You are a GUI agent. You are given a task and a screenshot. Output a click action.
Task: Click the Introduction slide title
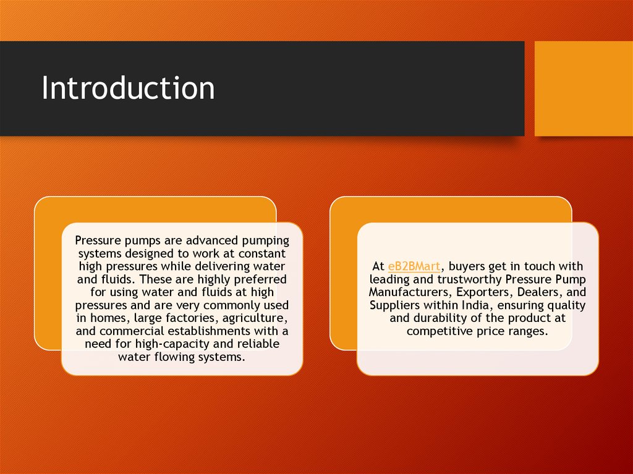(x=128, y=88)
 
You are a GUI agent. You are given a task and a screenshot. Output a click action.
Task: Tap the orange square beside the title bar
(x=584, y=88)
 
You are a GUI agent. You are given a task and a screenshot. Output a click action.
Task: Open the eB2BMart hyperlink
(x=414, y=266)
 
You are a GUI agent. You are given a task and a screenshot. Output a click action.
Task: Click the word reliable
(x=257, y=344)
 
